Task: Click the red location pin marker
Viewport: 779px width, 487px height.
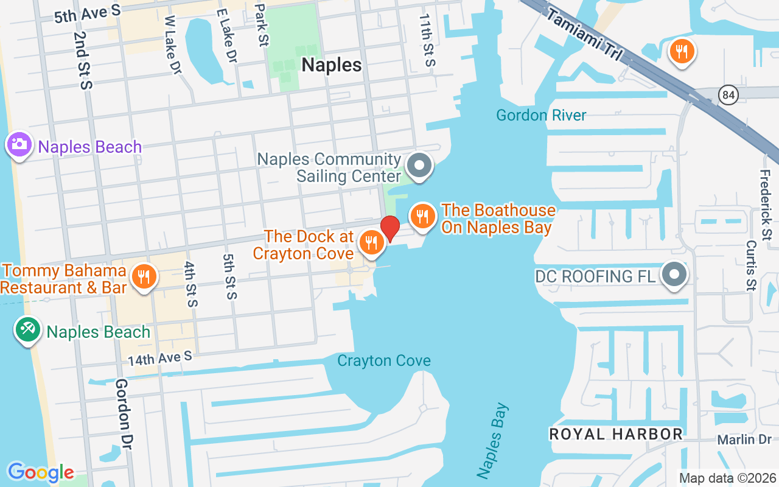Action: tap(390, 228)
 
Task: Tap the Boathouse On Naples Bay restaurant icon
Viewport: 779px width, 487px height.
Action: tap(422, 215)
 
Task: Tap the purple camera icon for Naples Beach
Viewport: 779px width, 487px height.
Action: tap(19, 144)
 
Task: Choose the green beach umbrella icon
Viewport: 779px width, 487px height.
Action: tap(27, 330)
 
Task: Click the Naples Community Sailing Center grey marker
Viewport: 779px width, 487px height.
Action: tap(419, 165)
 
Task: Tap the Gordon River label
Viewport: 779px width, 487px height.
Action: tap(541, 115)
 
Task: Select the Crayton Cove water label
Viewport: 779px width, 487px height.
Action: tap(384, 360)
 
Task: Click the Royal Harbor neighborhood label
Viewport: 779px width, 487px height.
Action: tap(616, 434)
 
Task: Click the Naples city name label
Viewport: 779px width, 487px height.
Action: tap(332, 65)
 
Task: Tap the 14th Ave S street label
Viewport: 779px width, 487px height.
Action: tap(159, 359)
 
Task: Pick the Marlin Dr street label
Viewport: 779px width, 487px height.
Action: tap(744, 440)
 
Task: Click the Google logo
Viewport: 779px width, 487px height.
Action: tap(41, 472)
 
